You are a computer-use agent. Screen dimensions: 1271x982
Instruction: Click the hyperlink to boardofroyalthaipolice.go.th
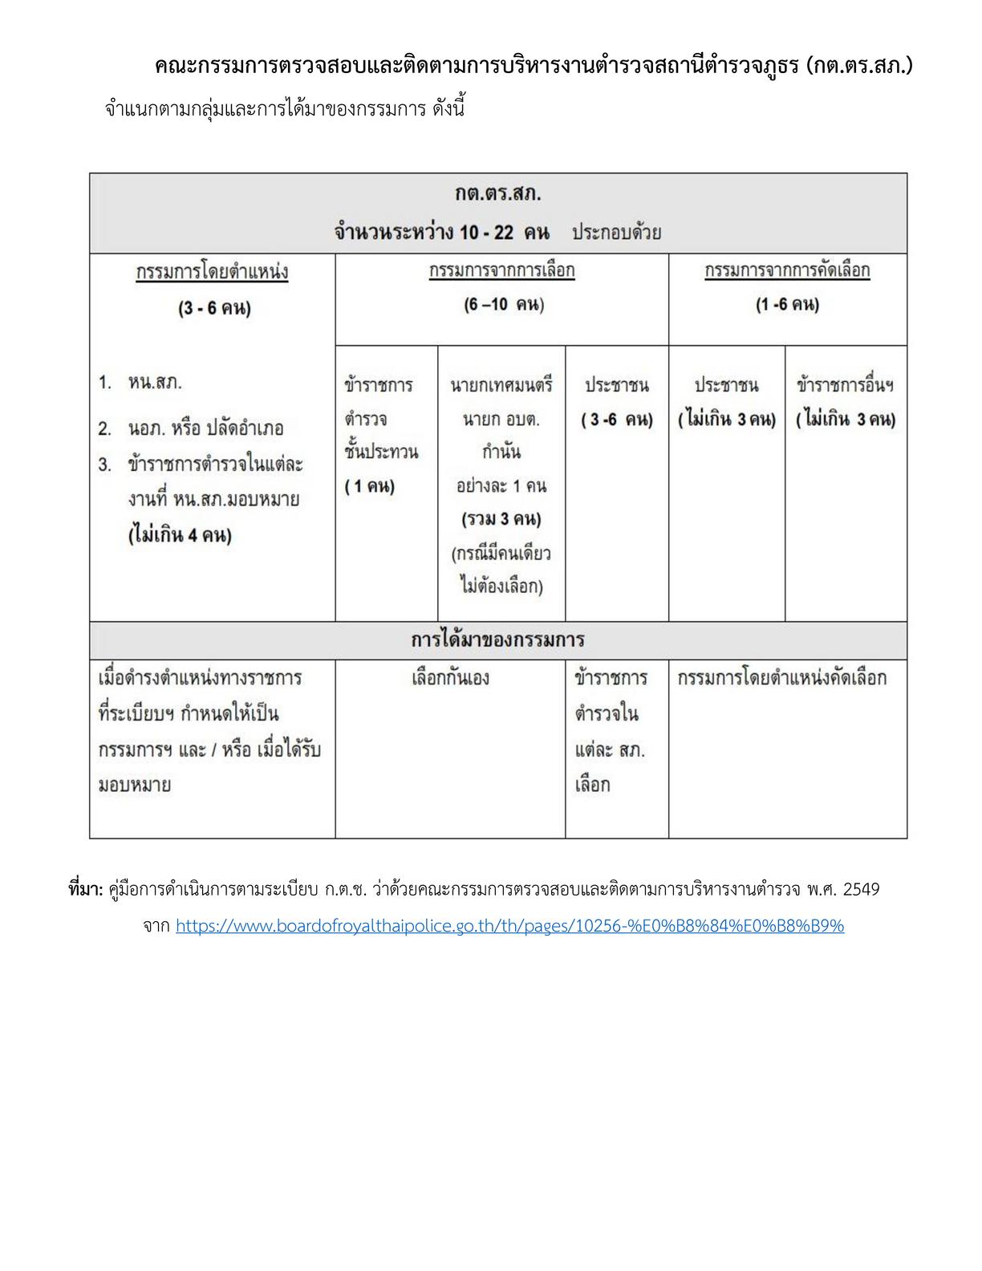(509, 926)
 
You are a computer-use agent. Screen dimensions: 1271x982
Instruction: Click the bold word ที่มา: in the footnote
(86, 890)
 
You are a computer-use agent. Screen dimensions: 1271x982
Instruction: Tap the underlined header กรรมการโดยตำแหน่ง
(213, 272)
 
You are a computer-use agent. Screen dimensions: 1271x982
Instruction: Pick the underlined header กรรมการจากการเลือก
(502, 270)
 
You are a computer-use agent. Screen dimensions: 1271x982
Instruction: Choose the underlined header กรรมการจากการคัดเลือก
(787, 270)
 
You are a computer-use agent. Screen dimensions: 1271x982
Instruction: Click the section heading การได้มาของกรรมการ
(497, 640)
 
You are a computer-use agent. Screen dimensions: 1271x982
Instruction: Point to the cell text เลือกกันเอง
(450, 678)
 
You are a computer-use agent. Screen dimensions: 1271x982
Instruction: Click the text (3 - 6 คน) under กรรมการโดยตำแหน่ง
(214, 308)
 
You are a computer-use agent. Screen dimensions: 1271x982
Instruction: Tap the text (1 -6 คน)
(787, 305)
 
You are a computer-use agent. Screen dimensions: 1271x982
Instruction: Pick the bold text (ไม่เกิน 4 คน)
(180, 534)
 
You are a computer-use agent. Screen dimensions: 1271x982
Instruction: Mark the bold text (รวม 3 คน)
(501, 519)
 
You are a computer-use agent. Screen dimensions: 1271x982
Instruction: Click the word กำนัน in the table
(501, 453)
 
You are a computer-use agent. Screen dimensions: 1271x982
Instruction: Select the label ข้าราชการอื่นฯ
(846, 385)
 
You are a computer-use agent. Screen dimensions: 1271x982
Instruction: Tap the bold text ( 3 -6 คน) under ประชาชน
(617, 420)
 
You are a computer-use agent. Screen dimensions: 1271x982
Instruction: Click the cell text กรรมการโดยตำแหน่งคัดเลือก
(782, 678)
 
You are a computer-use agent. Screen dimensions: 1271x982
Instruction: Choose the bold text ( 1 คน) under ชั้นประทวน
(370, 486)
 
